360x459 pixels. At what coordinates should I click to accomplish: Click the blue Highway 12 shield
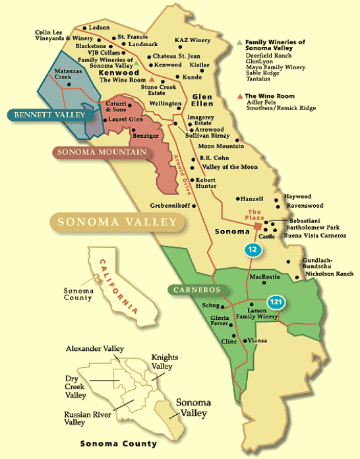click(253, 249)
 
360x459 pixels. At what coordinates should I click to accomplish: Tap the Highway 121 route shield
click(276, 301)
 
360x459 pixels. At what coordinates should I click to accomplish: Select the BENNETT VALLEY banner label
click(48, 115)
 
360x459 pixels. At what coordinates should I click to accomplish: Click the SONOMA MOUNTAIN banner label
click(90, 153)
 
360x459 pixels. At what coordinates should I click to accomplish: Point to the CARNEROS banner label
click(197, 290)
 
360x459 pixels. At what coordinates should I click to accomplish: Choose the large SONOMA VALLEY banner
click(117, 222)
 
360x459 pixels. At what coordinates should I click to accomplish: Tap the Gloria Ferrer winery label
click(220, 321)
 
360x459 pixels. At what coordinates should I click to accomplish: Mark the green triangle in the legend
click(239, 42)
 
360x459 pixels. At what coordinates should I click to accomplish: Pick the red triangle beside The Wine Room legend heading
click(239, 96)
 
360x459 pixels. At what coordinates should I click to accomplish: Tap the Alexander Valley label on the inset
click(95, 348)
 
